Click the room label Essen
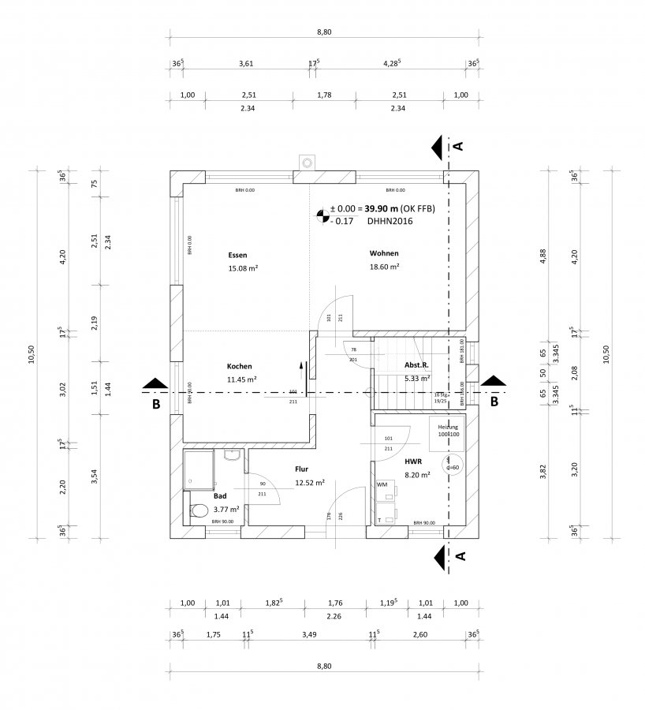pyautogui.click(x=237, y=255)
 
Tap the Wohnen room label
pyautogui.click(x=384, y=253)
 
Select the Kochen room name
pyautogui.click(x=239, y=367)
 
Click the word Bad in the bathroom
pyautogui.click(x=219, y=496)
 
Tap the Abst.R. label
pyautogui.click(x=416, y=364)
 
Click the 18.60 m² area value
pyautogui.click(x=385, y=268)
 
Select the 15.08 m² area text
pyautogui.click(x=244, y=268)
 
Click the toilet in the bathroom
pyautogui.click(x=198, y=511)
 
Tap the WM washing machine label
pyautogui.click(x=381, y=484)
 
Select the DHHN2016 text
pyautogui.click(x=389, y=222)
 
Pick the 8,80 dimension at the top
pyautogui.click(x=323, y=32)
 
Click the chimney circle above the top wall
pyautogui.click(x=306, y=163)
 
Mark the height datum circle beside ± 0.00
pyautogui.click(x=321, y=214)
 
